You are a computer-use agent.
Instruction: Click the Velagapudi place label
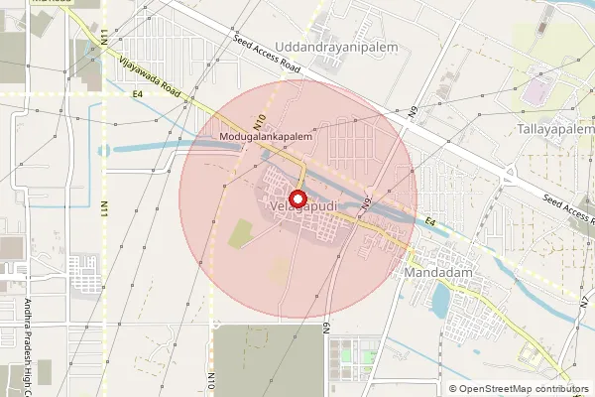pos(297,206)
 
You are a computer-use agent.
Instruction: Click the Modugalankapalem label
pos(265,136)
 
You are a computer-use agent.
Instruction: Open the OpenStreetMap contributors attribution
pos(523,388)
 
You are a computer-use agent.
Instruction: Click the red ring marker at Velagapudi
pos(297,197)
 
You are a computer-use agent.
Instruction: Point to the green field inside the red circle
pos(240,234)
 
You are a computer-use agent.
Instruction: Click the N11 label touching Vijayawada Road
pos(104,41)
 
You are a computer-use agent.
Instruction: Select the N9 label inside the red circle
pos(367,202)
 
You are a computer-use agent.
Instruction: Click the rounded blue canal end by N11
pos(104,151)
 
